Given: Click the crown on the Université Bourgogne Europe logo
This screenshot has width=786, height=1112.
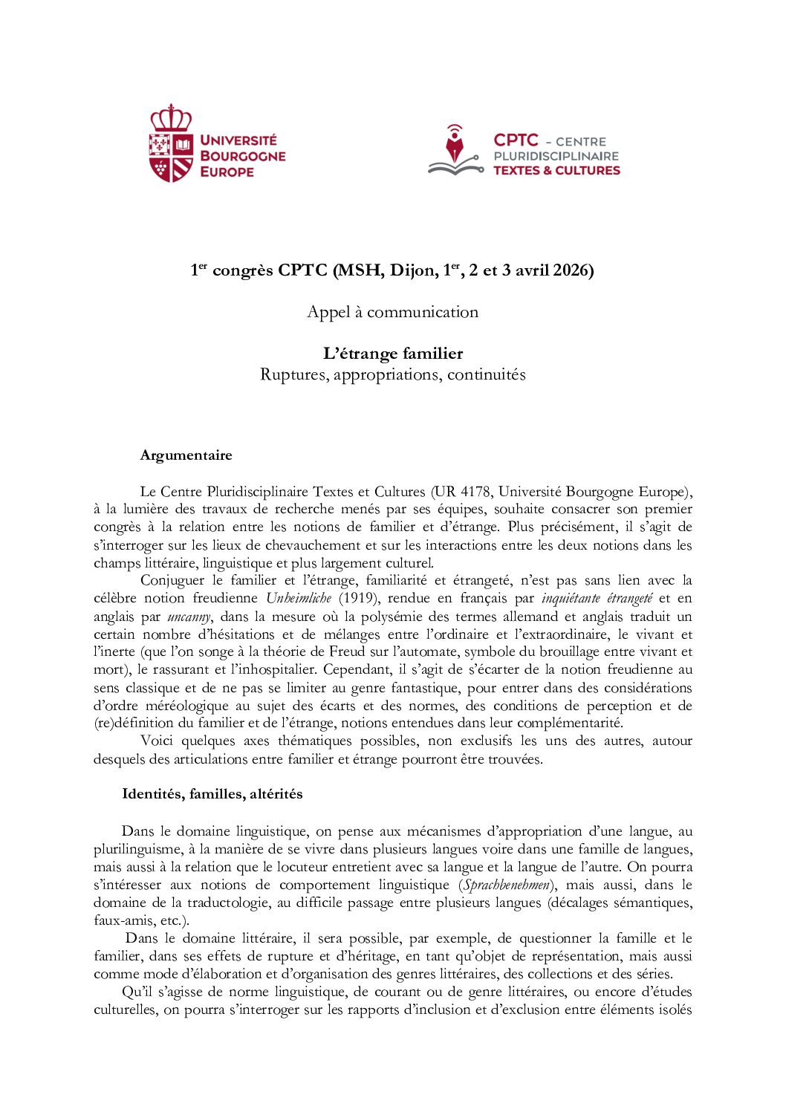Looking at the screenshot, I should (171, 117).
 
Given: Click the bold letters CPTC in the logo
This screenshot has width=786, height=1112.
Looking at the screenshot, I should (516, 140).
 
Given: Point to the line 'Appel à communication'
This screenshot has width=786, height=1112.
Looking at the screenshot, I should (392, 312).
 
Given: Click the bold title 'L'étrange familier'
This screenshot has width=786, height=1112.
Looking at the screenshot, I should (392, 354).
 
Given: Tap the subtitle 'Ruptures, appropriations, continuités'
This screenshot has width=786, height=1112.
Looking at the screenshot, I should (392, 374).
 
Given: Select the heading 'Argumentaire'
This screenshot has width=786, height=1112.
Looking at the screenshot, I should (186, 455).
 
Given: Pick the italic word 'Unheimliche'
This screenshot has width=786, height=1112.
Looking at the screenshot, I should (299, 599).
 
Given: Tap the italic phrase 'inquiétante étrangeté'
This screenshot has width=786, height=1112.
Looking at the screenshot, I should (597, 599).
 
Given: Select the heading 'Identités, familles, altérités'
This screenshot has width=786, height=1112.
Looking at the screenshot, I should (212, 794).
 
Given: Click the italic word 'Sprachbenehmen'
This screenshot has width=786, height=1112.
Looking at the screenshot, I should (507, 885).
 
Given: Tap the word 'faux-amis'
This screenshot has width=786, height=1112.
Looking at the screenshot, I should (120, 921).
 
